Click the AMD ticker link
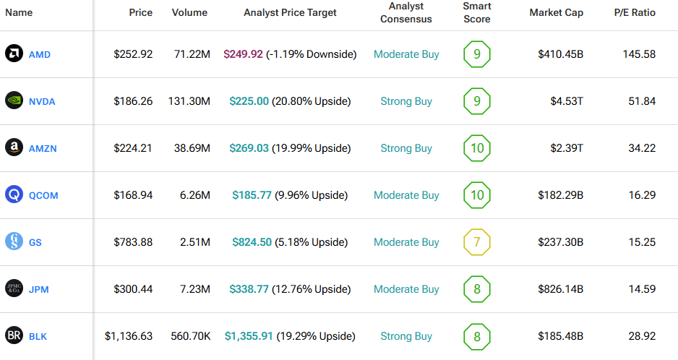pos(39,54)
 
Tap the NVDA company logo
pos(14,101)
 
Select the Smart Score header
pos(476,13)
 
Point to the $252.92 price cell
pos(133,54)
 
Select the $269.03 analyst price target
pos(249,148)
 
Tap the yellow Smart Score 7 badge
pos(476,242)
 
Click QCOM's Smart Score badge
pos(476,195)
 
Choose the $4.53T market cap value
pos(567,101)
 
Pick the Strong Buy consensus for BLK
pos(406,336)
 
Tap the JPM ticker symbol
pos(38,289)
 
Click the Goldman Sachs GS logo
pos(14,242)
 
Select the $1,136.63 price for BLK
pos(129,336)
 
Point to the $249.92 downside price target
pos(243,54)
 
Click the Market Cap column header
pos(556,13)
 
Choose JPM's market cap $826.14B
pos(560,289)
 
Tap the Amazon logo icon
pos(14,148)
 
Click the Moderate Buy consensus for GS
pos(406,242)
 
